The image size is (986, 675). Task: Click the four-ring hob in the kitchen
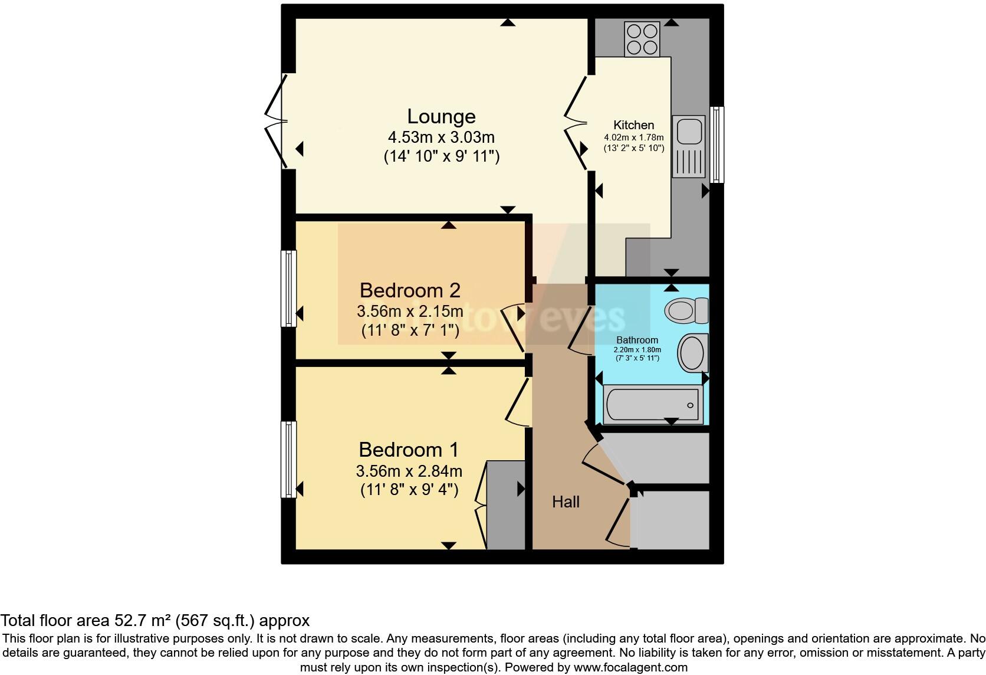(x=642, y=39)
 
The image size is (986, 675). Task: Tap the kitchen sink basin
(x=688, y=131)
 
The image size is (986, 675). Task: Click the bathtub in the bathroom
(x=652, y=405)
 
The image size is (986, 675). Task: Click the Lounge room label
(x=441, y=117)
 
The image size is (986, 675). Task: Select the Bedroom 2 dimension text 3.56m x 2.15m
(x=409, y=311)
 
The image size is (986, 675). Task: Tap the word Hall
(x=566, y=502)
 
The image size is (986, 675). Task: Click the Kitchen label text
(x=633, y=125)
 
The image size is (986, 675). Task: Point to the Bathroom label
(x=637, y=340)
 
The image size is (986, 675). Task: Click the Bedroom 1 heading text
(x=408, y=450)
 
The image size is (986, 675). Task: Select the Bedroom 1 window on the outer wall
(x=288, y=459)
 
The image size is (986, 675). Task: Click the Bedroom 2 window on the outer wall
(x=288, y=288)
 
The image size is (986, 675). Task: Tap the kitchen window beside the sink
(x=717, y=145)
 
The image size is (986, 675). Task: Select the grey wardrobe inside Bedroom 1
(x=505, y=505)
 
